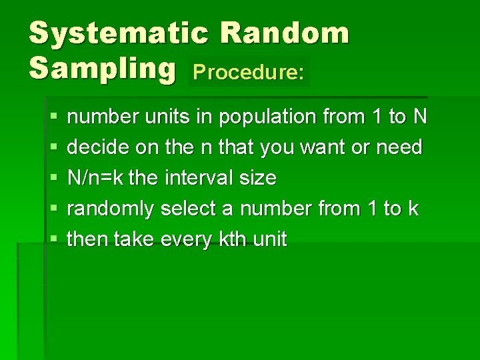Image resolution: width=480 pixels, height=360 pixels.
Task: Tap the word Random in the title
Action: pos(284,33)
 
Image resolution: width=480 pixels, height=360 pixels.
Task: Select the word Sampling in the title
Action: pos(103,69)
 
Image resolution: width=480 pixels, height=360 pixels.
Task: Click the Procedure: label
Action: pos(249,73)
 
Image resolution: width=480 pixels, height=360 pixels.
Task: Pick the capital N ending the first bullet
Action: pos(419,117)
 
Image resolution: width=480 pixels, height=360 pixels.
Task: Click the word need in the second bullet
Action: pos(399,147)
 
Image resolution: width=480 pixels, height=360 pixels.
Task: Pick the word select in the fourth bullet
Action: pos(189,209)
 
